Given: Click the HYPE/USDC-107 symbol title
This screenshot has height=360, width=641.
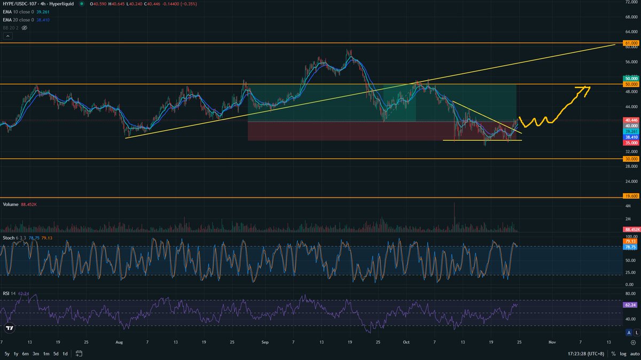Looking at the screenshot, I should pos(24,4).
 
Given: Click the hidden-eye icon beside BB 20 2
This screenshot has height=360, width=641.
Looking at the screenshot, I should pos(24,27).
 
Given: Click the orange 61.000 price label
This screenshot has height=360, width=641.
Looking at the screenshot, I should pos(630,43).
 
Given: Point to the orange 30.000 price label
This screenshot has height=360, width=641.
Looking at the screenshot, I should pos(630,159).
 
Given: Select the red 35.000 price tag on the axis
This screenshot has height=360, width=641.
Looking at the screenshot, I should pos(630,143).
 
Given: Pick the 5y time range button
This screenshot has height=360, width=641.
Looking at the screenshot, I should pos(7,354).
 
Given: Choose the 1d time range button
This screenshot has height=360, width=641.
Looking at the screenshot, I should pos(65,354).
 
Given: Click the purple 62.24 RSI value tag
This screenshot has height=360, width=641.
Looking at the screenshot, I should pos(630,304).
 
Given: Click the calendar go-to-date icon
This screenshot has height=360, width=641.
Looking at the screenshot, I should pos(79,354).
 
